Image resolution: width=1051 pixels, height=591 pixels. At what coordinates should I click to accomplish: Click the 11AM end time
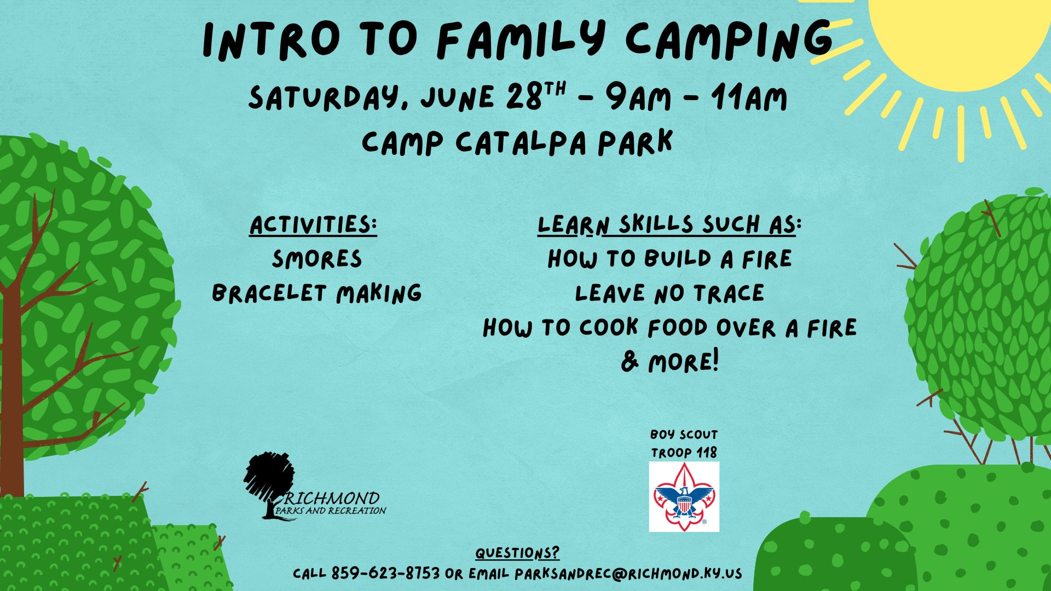tap(749, 97)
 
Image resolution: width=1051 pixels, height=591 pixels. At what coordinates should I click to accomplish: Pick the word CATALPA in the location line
tap(521, 142)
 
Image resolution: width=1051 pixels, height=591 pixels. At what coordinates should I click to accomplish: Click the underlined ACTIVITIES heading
tap(314, 225)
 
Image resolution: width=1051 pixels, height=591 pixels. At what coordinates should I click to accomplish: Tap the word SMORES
tap(317, 259)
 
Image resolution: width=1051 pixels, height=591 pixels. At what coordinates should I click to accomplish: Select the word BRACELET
tap(269, 293)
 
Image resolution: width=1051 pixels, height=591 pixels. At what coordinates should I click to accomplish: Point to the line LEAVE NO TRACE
tap(669, 294)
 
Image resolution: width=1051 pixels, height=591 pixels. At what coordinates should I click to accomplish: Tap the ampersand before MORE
tap(630, 361)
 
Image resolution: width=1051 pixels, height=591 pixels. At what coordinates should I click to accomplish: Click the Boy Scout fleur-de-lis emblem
tap(684, 497)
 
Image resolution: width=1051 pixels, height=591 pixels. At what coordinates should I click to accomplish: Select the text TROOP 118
tap(684, 453)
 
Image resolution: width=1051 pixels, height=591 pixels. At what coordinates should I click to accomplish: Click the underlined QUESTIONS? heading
tap(517, 553)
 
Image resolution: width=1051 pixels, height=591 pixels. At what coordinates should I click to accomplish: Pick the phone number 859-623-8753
tap(385, 573)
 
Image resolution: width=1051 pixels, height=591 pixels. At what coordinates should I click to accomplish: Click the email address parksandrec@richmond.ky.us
tap(628, 573)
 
